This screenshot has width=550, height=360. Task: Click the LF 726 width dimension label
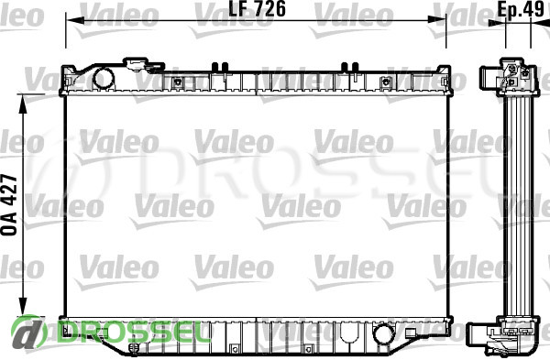pos(257,9)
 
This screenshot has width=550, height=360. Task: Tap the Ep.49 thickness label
pos(520,9)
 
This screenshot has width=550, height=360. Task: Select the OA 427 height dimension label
pos(9,204)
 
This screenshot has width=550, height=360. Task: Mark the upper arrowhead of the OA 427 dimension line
pos(23,104)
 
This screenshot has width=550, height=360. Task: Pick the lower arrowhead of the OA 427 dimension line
pos(23,306)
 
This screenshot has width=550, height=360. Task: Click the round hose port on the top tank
pos(103,79)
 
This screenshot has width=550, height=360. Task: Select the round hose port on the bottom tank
pos(383,334)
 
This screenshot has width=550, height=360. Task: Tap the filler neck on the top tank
pos(143,65)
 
